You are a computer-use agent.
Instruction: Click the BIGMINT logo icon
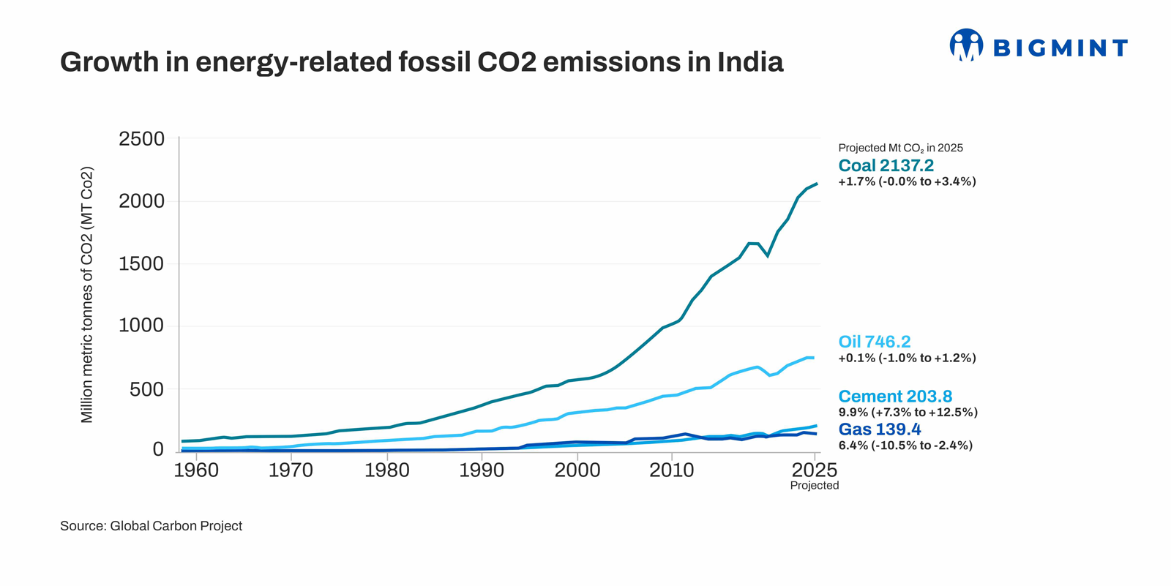click(966, 45)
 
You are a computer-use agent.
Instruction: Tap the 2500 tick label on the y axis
click(142, 139)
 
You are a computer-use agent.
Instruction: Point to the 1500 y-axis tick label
click(142, 264)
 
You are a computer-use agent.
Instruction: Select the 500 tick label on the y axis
click(147, 389)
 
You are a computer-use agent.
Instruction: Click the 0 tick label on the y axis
click(158, 449)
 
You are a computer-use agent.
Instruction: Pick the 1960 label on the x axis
click(196, 470)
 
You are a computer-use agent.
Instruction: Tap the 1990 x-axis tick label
click(482, 470)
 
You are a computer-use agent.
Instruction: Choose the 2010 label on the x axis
click(672, 470)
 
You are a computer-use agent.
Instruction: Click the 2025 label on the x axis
click(815, 470)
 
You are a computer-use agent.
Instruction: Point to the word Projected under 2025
click(815, 486)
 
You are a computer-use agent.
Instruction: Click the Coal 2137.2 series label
click(886, 166)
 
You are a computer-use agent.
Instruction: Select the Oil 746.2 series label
click(874, 342)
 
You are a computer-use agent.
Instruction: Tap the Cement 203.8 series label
click(895, 397)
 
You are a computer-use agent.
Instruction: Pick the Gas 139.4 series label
click(879, 429)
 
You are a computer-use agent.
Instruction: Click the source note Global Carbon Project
click(151, 526)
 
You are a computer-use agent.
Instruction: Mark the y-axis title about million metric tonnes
click(87, 295)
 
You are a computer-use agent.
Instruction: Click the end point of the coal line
click(817, 184)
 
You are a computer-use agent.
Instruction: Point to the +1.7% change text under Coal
click(907, 181)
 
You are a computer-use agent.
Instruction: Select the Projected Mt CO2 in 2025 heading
click(900, 148)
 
